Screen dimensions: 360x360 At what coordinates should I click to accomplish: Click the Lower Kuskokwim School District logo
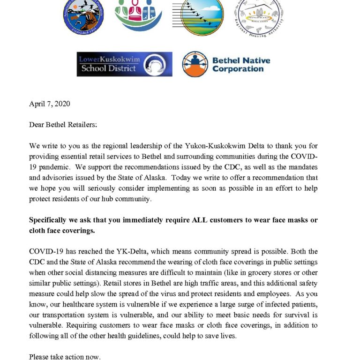tap(124, 64)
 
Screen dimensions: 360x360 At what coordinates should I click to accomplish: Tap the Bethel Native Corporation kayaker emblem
tap(195, 64)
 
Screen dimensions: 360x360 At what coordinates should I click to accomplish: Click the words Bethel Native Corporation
tap(241, 65)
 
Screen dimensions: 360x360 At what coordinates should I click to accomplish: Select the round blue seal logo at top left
tap(83, 15)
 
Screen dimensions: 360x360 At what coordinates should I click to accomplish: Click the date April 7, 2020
tap(50, 104)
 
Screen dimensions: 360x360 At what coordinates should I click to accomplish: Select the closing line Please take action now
tap(65, 357)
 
